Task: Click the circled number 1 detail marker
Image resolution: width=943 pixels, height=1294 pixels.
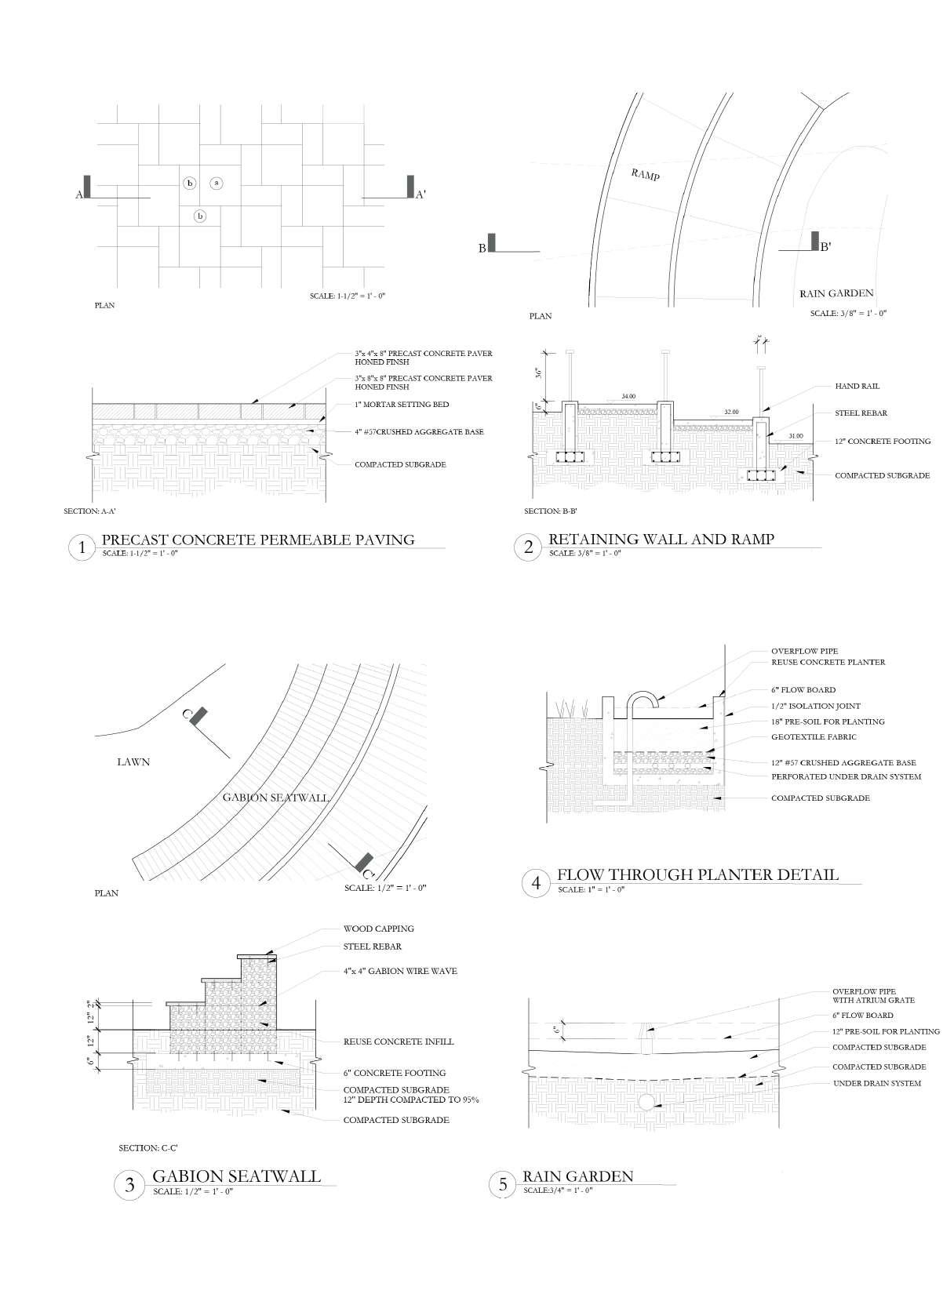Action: (81, 547)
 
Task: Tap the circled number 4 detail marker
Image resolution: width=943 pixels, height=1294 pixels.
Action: (536, 883)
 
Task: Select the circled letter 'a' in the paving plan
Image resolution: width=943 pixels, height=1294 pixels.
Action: (217, 183)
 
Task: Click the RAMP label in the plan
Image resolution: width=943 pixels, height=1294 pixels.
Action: (646, 174)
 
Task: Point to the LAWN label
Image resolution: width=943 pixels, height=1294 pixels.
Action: (133, 761)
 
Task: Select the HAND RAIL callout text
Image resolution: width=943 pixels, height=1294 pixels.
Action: (857, 386)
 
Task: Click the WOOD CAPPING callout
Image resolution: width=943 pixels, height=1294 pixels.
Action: (378, 929)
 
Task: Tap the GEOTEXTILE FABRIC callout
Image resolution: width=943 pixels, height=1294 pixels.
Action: (814, 736)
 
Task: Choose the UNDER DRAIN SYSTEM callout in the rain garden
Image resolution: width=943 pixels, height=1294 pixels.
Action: (876, 1083)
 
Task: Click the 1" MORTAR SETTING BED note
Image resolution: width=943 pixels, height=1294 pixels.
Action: (402, 405)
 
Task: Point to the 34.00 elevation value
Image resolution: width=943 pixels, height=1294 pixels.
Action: (628, 397)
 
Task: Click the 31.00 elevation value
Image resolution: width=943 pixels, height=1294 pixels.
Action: (796, 436)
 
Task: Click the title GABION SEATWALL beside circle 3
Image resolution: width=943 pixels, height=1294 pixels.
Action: (236, 1176)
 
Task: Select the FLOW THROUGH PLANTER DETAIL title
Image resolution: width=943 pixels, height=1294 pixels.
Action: (697, 874)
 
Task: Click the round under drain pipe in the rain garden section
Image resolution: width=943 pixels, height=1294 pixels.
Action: (647, 1102)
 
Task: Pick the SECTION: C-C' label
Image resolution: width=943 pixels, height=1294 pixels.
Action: (148, 1148)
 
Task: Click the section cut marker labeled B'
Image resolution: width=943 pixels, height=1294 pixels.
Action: (816, 243)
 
